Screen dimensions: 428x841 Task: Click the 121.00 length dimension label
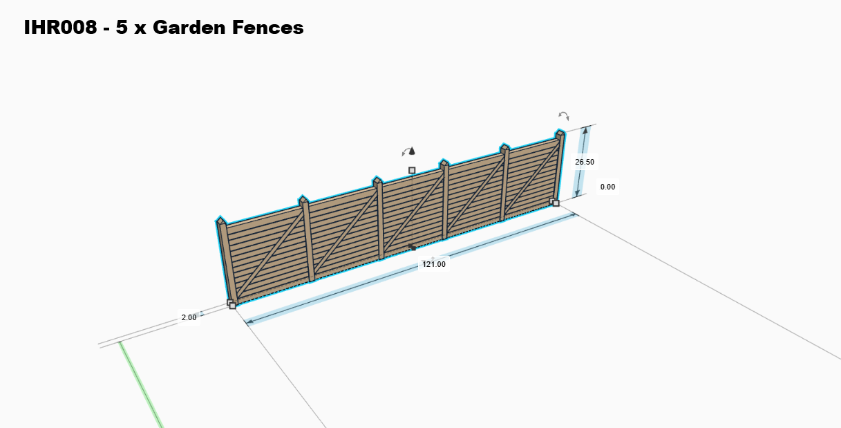point(434,264)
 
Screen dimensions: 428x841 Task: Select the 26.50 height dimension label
point(584,162)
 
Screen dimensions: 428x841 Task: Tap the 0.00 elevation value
point(607,187)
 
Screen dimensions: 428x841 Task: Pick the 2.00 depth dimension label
point(189,317)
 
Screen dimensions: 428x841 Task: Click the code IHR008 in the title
point(59,28)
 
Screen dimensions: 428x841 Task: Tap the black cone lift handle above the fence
point(413,151)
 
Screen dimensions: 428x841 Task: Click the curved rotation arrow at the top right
point(564,116)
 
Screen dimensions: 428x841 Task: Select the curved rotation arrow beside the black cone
point(405,151)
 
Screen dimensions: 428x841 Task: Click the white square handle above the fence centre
point(412,170)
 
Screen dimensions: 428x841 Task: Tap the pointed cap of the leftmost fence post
point(220,221)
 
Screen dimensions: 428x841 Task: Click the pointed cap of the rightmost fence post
point(560,133)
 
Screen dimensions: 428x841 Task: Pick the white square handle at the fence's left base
point(232,305)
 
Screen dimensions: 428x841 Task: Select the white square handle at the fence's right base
point(556,203)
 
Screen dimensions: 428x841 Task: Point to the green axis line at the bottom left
point(142,384)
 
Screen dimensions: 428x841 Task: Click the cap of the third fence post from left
point(377,181)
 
